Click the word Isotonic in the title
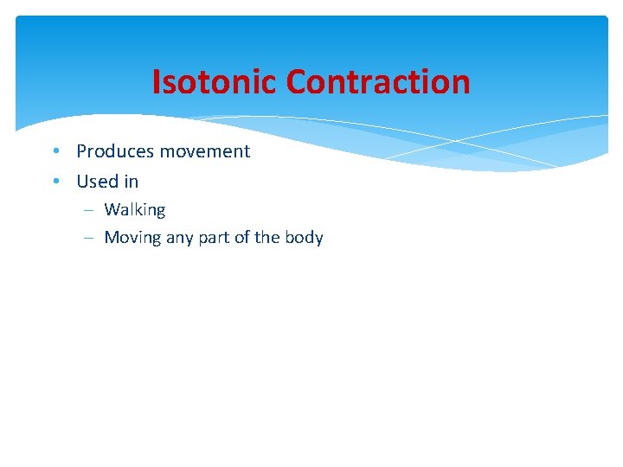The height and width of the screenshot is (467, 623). pyautogui.click(x=215, y=82)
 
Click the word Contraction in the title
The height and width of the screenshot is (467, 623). pyautogui.click(x=378, y=82)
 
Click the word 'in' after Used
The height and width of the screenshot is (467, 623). pyautogui.click(x=131, y=182)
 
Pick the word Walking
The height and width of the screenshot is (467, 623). pyautogui.click(x=135, y=210)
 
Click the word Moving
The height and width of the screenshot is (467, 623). pyautogui.click(x=132, y=238)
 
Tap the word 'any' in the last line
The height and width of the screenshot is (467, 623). pyautogui.click(x=179, y=239)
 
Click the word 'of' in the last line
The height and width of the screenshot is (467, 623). pyautogui.click(x=244, y=238)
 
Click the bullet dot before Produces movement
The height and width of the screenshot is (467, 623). pyautogui.click(x=55, y=151)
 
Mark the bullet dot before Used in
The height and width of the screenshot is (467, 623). pyautogui.click(x=55, y=182)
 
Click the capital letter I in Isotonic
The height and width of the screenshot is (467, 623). pyautogui.click(x=157, y=82)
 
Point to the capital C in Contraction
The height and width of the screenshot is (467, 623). pyautogui.click(x=296, y=82)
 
